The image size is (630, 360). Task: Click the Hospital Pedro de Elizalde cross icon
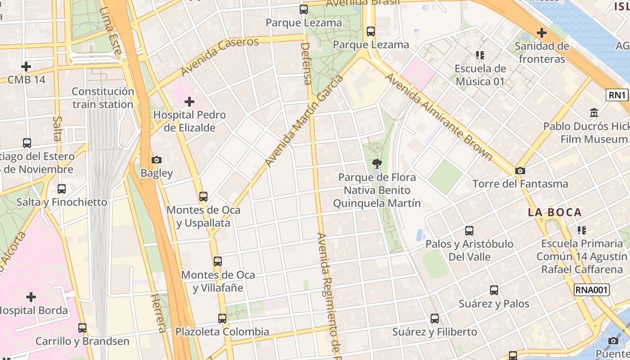pyautogui.click(x=189, y=102)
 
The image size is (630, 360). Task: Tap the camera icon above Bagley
pyautogui.click(x=157, y=160)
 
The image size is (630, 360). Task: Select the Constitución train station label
pyautogui.click(x=103, y=98)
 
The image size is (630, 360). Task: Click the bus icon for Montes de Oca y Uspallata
pyautogui.click(x=203, y=197)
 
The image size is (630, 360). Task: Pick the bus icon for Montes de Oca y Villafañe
pyautogui.click(x=218, y=261)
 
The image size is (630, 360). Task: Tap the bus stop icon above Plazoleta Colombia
pyautogui.click(x=222, y=319)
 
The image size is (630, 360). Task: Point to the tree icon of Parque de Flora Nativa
pyautogui.click(x=377, y=164)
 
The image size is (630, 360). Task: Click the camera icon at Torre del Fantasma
pyautogui.click(x=520, y=171)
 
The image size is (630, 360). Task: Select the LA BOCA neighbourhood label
pyautogui.click(x=555, y=212)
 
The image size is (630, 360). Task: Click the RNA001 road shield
pyautogui.click(x=592, y=290)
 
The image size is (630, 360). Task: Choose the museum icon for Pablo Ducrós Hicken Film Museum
pyautogui.click(x=594, y=113)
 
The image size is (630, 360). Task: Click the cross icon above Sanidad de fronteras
pyautogui.click(x=542, y=33)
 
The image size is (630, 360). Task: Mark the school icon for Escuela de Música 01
pyautogui.click(x=480, y=55)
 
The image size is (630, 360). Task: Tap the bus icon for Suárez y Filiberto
pyautogui.click(x=435, y=319)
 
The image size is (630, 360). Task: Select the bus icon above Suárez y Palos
pyautogui.click(x=494, y=290)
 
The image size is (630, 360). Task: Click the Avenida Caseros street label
pyautogui.click(x=220, y=56)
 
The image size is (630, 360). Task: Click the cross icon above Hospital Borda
pyautogui.click(x=31, y=297)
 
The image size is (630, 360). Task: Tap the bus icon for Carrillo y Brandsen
pyautogui.click(x=82, y=328)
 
